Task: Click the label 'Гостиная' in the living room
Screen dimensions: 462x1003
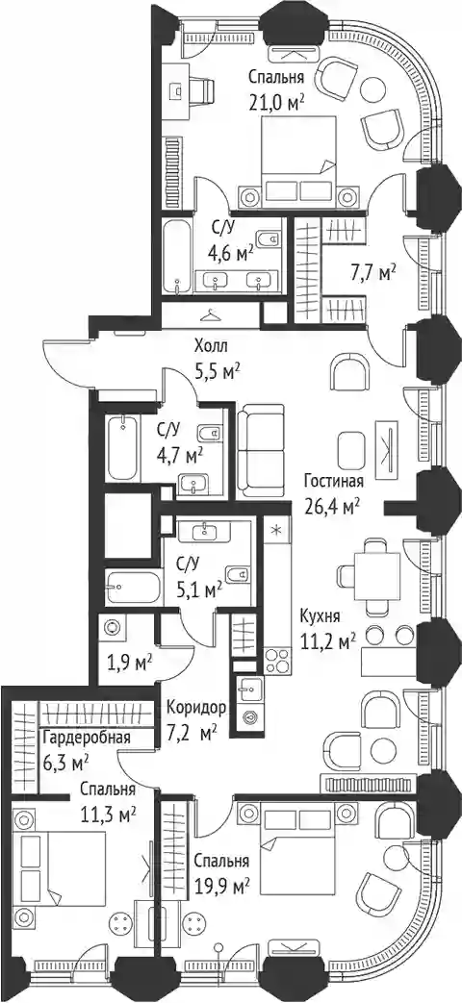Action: [x=334, y=482]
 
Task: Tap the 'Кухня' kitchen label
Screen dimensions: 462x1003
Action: [x=321, y=616]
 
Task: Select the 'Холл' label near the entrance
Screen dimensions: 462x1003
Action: [x=211, y=347]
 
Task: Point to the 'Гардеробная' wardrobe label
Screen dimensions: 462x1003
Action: [x=87, y=737]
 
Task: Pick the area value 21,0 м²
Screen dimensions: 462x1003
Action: [x=276, y=102]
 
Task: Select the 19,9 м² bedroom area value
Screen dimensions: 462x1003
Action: [x=221, y=886]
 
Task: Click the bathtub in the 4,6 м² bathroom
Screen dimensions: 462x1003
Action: [x=176, y=257]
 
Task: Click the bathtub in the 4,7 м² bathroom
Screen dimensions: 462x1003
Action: [x=123, y=448]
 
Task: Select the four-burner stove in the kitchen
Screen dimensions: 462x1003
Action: [x=276, y=661]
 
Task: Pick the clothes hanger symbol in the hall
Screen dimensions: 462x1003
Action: [x=211, y=314]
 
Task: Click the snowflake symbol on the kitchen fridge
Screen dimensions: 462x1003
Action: [x=276, y=530]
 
